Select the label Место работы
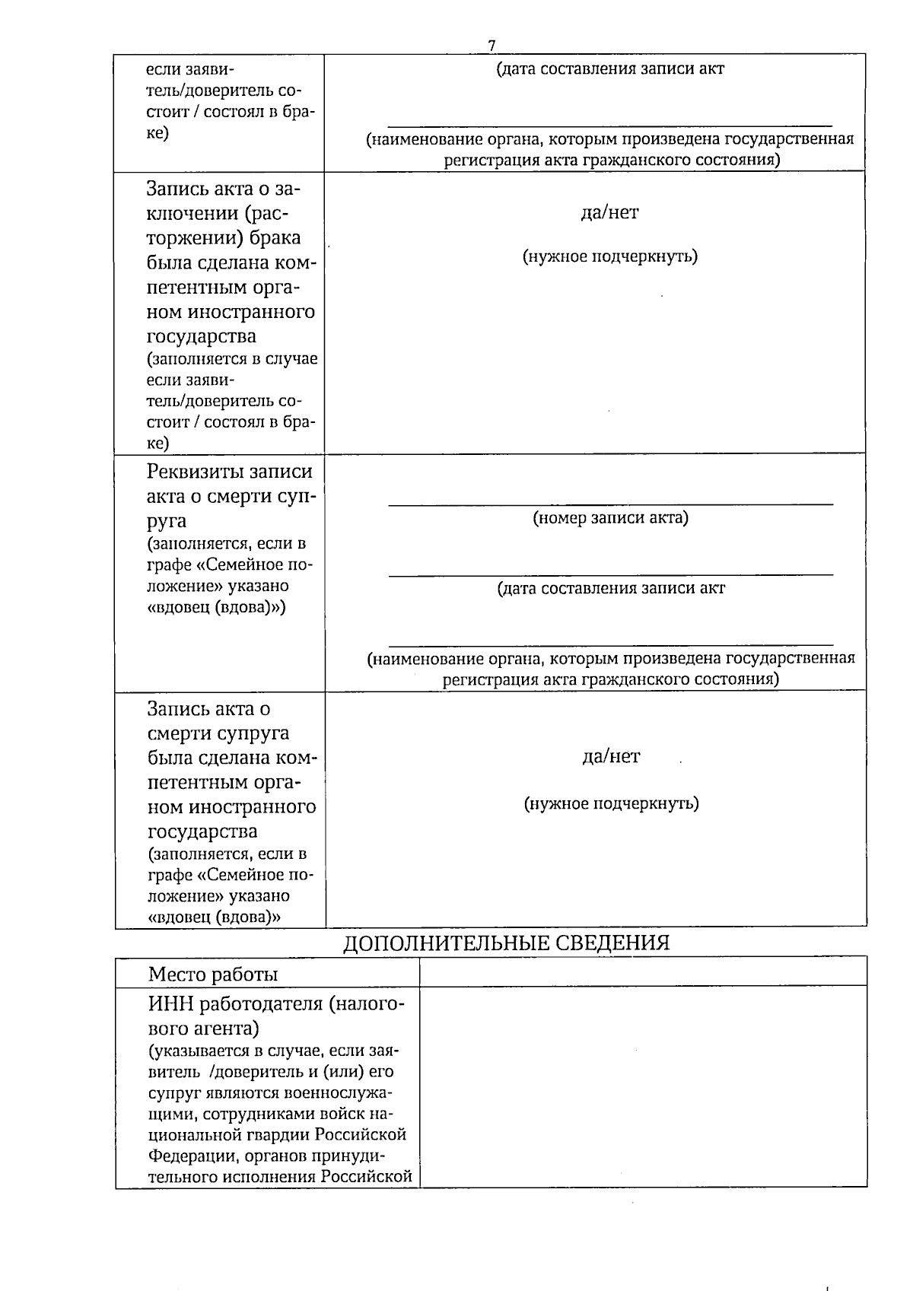(213, 974)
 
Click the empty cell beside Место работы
(643, 971)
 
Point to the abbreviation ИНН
(171, 1004)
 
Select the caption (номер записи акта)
(610, 518)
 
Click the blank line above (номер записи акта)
(610, 503)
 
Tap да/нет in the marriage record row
(610, 212)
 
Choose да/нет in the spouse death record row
(611, 756)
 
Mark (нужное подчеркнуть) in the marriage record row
(610, 256)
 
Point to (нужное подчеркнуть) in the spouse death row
(612, 803)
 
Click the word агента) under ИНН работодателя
(229, 1029)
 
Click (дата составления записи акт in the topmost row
(610, 69)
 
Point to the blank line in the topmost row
(610, 125)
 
